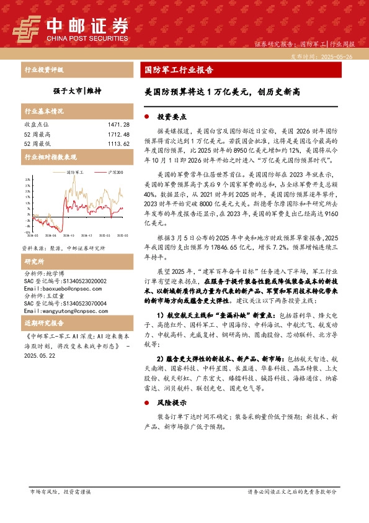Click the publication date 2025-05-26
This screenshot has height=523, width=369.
[x=340, y=56]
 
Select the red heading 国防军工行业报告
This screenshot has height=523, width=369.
[x=175, y=70]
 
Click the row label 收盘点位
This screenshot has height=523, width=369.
[x=36, y=125]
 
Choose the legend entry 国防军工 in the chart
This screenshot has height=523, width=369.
[x=74, y=173]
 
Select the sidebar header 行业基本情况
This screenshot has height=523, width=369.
[x=44, y=112]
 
